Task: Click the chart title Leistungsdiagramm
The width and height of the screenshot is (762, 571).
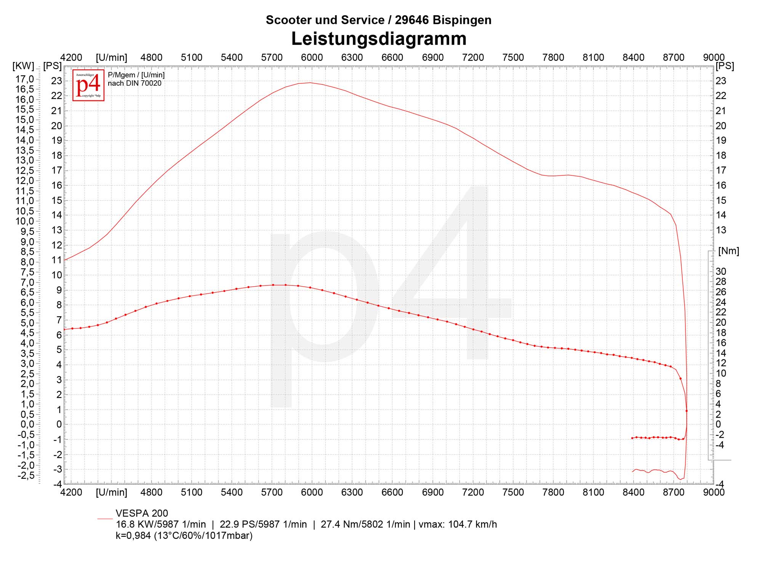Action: [x=379, y=39]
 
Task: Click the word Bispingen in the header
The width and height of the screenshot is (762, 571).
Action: [x=462, y=20]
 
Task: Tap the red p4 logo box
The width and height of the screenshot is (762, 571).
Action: [x=88, y=85]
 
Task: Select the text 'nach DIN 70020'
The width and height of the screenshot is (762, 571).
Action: [x=134, y=83]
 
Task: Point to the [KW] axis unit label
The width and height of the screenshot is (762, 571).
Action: [x=23, y=66]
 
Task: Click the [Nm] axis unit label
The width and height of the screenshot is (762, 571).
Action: [x=728, y=251]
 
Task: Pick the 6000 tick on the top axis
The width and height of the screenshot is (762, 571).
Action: [x=312, y=57]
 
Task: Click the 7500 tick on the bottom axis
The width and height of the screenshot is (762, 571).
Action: [x=513, y=492]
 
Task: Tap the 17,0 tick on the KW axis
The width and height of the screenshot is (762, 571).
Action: [x=25, y=79]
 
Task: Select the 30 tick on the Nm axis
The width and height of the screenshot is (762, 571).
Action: [x=721, y=271]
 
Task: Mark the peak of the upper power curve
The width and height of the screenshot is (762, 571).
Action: [x=310, y=83]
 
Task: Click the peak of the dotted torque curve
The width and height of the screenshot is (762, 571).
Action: [x=279, y=285]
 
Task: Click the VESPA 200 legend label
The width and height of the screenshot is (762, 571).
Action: [x=142, y=513]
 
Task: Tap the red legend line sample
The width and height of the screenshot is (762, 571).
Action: [x=105, y=518]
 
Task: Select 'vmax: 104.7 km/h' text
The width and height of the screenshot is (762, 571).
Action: [x=458, y=524]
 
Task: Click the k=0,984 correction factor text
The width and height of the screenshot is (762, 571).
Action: [x=184, y=536]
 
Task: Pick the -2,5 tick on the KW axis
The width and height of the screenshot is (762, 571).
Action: [x=25, y=475]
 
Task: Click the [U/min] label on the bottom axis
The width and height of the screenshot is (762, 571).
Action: [x=111, y=492]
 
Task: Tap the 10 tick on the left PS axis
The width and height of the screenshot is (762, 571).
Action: [x=56, y=275]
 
